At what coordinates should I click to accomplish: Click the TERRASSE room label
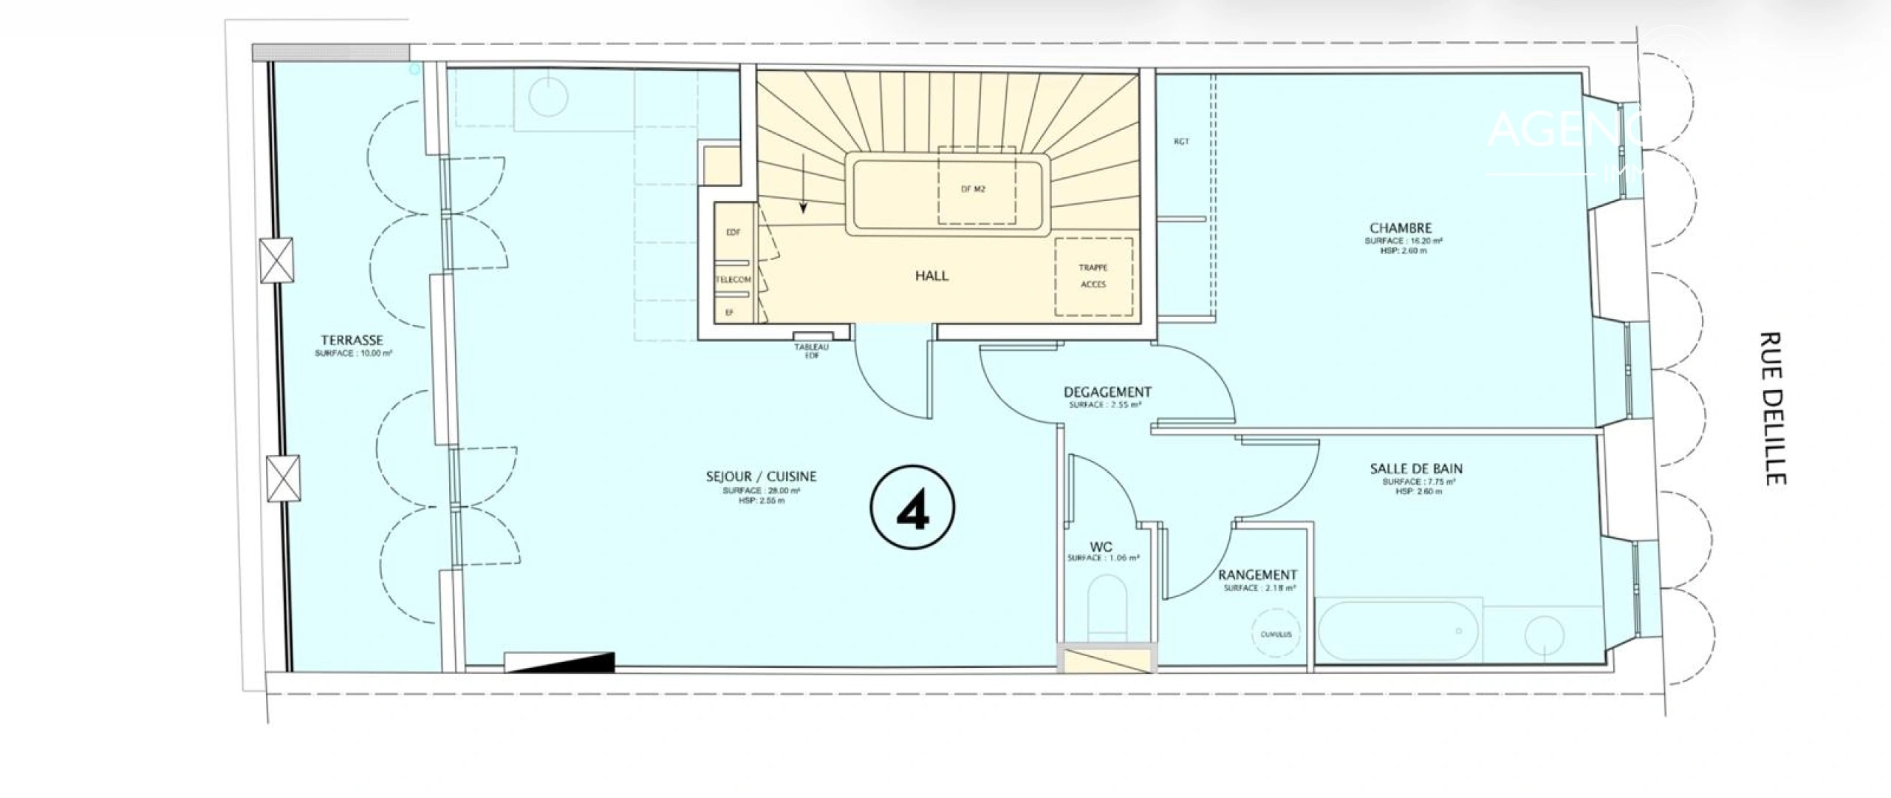tap(352, 341)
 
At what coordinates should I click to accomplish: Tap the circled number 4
tap(913, 508)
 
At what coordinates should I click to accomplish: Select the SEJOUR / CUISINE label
tap(761, 477)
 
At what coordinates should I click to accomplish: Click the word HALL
tap(931, 276)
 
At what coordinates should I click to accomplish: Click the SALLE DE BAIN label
tap(1415, 468)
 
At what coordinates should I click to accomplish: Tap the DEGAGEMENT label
tap(1107, 392)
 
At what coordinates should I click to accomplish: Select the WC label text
tap(1101, 547)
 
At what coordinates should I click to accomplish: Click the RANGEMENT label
tap(1257, 575)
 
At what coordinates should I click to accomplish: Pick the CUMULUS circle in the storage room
tap(1276, 634)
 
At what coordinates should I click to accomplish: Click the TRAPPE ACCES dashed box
tap(1093, 276)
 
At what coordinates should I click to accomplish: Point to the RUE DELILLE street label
tap(1772, 409)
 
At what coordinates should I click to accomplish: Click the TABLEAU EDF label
tap(811, 351)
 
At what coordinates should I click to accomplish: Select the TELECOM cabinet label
tap(733, 280)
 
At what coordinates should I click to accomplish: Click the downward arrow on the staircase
tap(803, 201)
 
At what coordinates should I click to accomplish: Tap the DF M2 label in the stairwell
tap(973, 189)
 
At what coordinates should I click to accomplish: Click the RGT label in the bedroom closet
tap(1181, 142)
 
